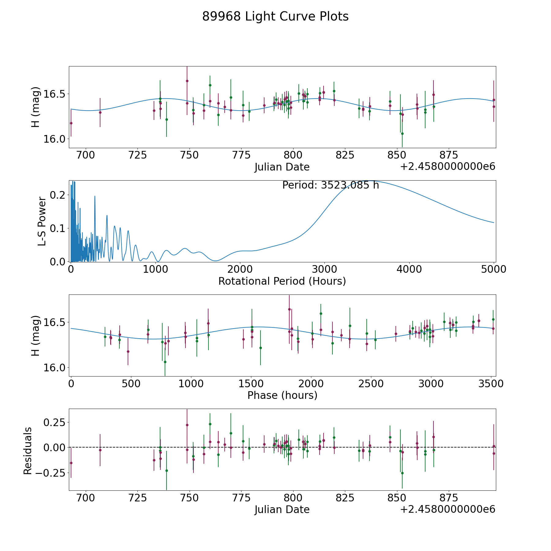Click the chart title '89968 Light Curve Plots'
click(x=275, y=17)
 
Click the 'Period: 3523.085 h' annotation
click(x=331, y=185)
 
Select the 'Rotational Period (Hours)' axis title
click(x=282, y=281)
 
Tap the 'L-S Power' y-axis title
click(x=42, y=221)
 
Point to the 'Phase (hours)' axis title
click(x=282, y=395)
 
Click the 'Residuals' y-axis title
click(x=28, y=451)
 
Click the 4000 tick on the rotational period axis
click(x=409, y=269)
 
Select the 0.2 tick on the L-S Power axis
click(x=58, y=195)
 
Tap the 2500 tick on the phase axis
click(x=371, y=384)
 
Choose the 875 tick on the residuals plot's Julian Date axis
click(x=448, y=498)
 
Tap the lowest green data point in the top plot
click(x=402, y=133)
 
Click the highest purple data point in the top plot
click(x=187, y=81)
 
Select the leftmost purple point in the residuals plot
click(x=71, y=463)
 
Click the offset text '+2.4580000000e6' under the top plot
click(x=448, y=167)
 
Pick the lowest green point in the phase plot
click(x=165, y=362)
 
